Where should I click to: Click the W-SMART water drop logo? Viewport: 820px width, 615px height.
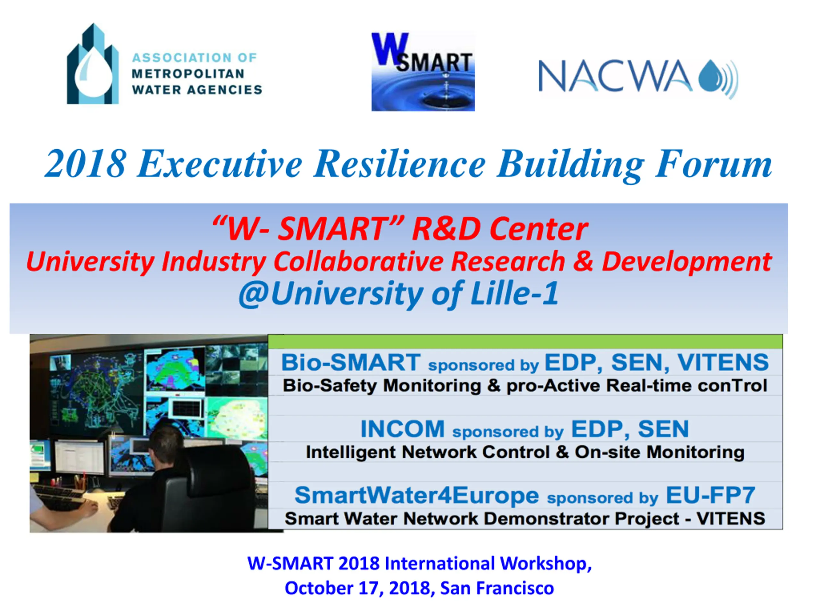click(x=423, y=72)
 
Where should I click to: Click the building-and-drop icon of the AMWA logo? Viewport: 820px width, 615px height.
click(x=93, y=64)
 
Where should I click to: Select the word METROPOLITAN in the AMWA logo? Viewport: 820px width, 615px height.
click(x=188, y=74)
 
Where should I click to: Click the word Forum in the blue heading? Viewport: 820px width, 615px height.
click(x=713, y=164)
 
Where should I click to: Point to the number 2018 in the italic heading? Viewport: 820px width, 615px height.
click(x=85, y=164)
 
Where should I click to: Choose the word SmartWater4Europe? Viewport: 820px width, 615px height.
click(x=417, y=495)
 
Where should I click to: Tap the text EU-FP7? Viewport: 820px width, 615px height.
click(x=710, y=495)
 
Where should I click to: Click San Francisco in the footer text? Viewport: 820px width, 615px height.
click(x=497, y=588)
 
